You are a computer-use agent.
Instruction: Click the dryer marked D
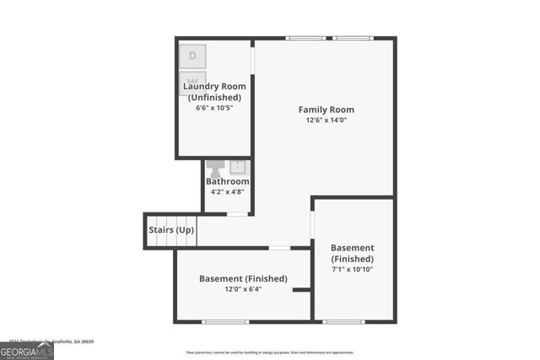[192, 56]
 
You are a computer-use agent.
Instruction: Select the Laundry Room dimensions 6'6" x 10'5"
[215, 108]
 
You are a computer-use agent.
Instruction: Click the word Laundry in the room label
[202, 86]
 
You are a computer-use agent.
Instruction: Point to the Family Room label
[326, 110]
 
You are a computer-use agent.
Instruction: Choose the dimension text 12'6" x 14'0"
[327, 121]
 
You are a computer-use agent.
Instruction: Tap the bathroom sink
[238, 166]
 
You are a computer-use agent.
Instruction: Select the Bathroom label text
[228, 181]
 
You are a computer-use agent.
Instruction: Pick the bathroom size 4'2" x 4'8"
[228, 192]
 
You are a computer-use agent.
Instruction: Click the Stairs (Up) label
[171, 229]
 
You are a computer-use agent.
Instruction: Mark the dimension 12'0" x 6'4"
[243, 289]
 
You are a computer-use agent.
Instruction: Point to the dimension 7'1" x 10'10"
[352, 269]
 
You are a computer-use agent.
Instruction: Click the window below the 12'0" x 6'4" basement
[225, 321]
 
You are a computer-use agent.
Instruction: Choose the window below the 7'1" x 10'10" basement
[344, 321]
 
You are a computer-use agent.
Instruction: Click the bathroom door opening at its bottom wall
[238, 214]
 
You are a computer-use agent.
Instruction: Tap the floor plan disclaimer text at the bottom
[271, 352]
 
